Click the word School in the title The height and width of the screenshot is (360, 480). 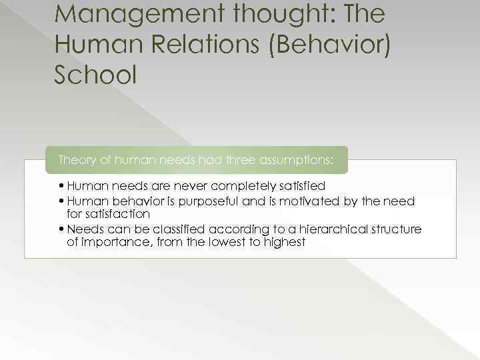coord(95,75)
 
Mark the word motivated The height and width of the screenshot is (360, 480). coord(307,201)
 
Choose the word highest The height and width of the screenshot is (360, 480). coord(284,243)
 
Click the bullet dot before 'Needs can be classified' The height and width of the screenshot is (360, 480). coord(61,229)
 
